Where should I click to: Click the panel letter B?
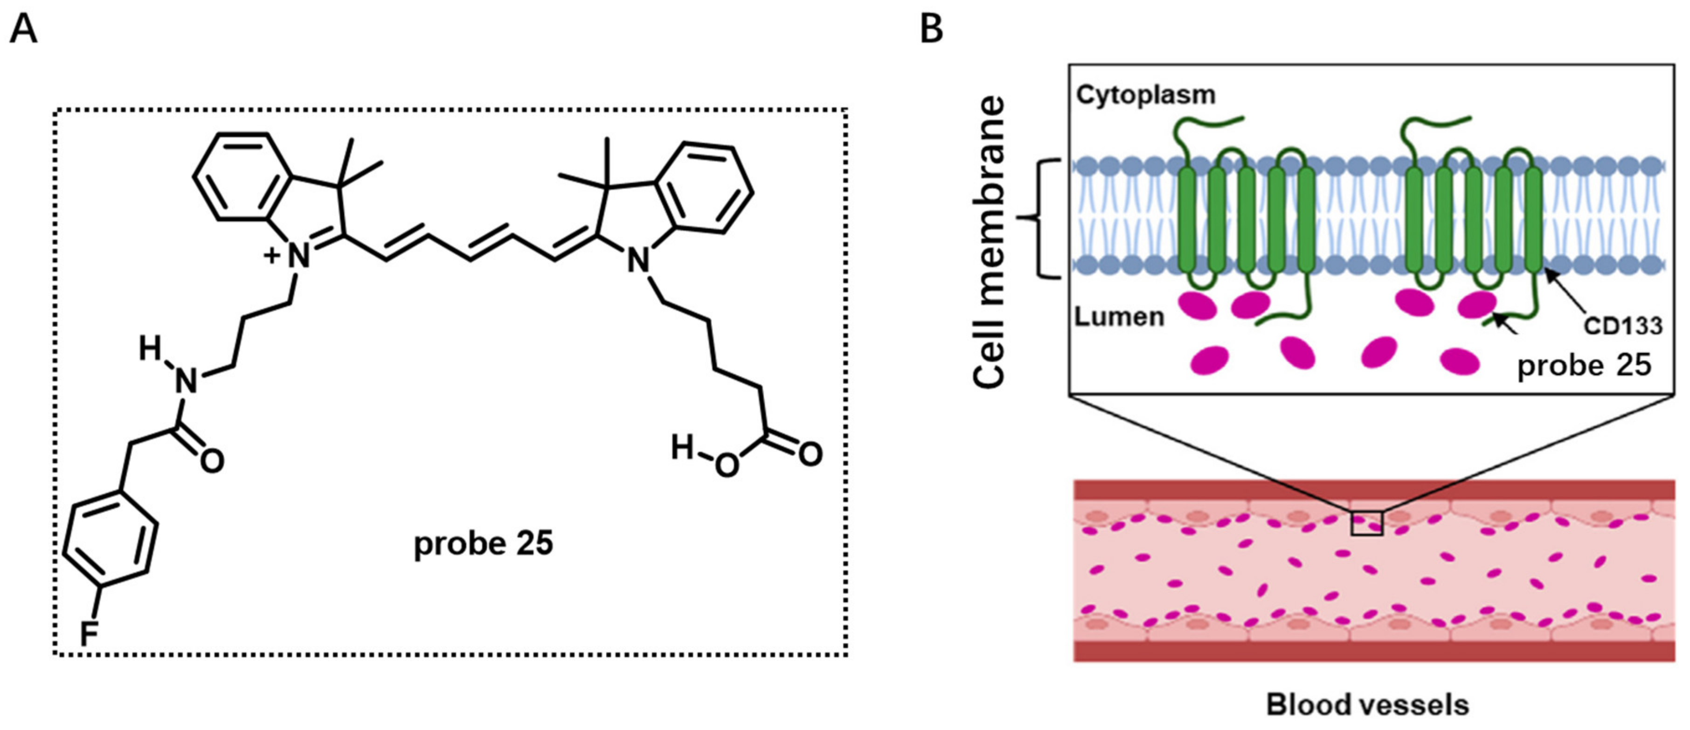(x=932, y=29)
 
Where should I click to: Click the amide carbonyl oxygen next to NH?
(x=211, y=461)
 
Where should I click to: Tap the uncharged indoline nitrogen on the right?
(x=637, y=260)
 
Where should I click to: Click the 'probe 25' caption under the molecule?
(x=484, y=544)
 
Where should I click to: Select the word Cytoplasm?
(x=1145, y=95)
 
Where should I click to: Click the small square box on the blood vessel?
(x=1366, y=523)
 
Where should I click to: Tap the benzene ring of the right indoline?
(x=705, y=187)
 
